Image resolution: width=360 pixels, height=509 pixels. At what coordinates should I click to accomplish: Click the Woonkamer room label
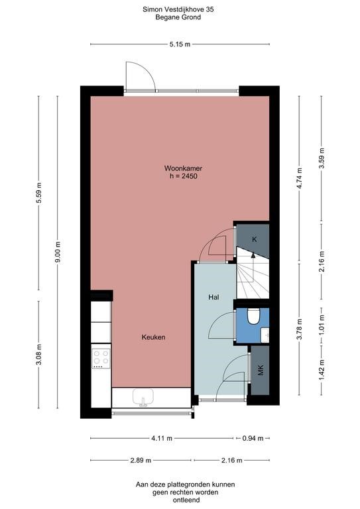tap(183, 168)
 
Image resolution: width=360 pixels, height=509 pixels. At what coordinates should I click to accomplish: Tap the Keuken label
tap(153, 337)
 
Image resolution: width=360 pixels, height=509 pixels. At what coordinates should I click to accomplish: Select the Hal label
tap(213, 297)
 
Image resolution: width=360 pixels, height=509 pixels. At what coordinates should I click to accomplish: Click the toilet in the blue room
tap(253, 316)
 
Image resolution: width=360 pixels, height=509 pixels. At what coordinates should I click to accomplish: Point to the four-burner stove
tap(101, 358)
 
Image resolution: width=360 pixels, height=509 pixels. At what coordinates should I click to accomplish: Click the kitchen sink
tap(143, 398)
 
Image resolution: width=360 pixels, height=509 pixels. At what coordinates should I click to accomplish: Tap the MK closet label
tap(261, 370)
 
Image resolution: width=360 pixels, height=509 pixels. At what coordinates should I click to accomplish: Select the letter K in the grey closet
tap(255, 239)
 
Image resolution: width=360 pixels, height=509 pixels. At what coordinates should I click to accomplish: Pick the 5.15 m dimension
tap(180, 44)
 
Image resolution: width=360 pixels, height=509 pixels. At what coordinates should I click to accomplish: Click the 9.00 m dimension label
tap(58, 252)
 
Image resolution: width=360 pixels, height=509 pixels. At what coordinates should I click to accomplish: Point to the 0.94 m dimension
tap(253, 438)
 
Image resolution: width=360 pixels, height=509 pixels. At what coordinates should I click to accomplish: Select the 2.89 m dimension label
tap(141, 461)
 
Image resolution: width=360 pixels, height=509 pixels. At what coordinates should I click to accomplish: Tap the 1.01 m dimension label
tap(322, 325)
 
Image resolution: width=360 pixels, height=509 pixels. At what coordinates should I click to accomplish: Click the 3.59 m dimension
tap(322, 159)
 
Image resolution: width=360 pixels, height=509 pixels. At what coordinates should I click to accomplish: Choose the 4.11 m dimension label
tap(162, 438)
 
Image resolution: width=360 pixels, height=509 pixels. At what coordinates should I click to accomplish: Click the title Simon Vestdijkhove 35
tap(178, 9)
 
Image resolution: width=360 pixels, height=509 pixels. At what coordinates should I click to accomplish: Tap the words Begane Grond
tap(178, 17)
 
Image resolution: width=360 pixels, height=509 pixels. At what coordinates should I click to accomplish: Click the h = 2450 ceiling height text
tap(184, 176)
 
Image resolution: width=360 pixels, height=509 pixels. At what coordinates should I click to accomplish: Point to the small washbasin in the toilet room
tap(265, 335)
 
